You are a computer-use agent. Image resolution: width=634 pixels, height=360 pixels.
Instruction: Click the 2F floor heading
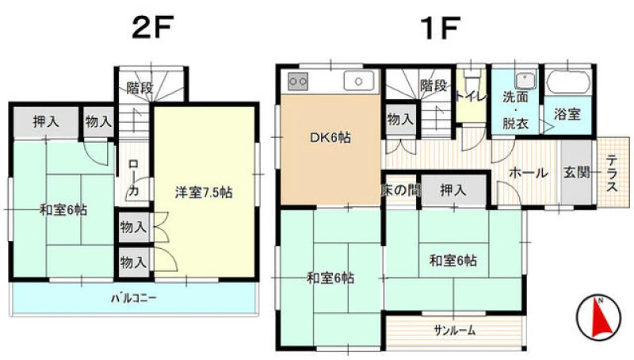point(152,27)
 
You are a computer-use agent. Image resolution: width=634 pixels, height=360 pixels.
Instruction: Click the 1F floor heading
point(440,28)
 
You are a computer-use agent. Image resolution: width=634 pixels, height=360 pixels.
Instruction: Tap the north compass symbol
point(598,317)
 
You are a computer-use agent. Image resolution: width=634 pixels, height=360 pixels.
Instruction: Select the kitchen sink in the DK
point(359,81)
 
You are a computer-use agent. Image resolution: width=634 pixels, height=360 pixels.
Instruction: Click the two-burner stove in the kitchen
point(298,82)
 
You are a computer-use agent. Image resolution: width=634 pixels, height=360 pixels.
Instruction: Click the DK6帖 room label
point(330,138)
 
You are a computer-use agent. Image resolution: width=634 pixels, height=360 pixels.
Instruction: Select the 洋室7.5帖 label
point(204,193)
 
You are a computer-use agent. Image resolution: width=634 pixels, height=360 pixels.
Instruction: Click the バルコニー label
point(134,299)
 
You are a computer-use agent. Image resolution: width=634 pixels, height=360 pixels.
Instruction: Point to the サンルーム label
point(455,331)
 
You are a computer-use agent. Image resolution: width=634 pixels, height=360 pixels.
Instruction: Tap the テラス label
point(612,173)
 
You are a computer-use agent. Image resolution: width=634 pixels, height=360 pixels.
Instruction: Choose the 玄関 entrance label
point(577,172)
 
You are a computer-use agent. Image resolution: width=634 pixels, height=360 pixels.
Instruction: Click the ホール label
point(528,173)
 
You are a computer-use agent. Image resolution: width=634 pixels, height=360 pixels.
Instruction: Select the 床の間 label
point(400,190)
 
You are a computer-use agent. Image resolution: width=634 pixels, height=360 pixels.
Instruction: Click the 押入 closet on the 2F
point(46,121)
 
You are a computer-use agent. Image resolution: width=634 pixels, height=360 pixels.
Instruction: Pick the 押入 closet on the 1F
point(453,190)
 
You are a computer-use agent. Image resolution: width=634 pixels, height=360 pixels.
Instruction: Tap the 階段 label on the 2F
point(139,88)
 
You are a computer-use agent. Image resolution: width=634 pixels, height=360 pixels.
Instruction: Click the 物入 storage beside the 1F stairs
point(400,119)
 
